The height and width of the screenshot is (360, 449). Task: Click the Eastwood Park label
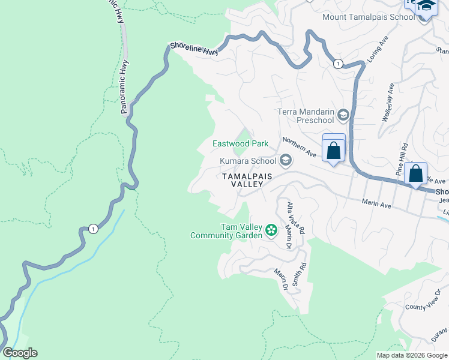(240, 143)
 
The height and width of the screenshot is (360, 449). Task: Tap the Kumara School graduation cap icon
(286, 160)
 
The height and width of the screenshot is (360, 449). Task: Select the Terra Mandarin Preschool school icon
(343, 115)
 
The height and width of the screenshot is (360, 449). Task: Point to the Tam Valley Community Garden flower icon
(271, 230)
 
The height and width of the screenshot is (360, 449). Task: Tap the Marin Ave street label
(377, 205)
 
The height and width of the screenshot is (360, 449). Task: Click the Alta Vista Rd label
(295, 218)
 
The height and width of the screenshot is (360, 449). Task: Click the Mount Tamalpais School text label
(369, 17)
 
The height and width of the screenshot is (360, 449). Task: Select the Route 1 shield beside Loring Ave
(339, 64)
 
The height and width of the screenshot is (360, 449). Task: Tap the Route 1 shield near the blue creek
(92, 229)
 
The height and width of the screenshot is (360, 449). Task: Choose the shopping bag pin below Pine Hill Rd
(415, 174)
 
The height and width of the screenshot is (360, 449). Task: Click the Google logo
(20, 352)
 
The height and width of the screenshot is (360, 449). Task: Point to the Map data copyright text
(412, 355)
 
